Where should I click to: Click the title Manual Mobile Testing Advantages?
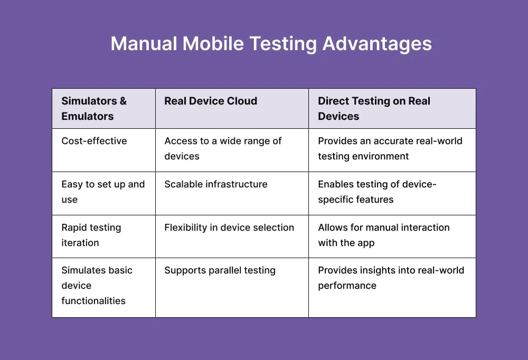click(271, 43)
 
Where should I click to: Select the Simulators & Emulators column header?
click(94, 109)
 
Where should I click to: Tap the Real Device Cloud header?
click(211, 101)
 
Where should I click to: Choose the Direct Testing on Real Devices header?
click(374, 109)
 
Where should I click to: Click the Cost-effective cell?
click(94, 141)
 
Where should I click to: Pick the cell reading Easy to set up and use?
click(103, 192)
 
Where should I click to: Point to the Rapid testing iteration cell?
click(91, 235)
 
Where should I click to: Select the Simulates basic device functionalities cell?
click(97, 286)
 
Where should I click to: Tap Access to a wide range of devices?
click(223, 148)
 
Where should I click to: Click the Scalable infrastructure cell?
click(216, 184)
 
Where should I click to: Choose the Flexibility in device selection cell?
click(229, 228)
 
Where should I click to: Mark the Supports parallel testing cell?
click(220, 270)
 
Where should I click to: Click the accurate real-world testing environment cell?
click(390, 148)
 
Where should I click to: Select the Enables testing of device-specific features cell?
click(377, 192)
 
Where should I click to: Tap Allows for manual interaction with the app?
click(383, 235)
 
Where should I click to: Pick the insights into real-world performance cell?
click(391, 278)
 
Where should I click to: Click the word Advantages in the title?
click(377, 43)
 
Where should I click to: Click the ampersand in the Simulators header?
click(122, 101)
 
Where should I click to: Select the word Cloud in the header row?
click(241, 101)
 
